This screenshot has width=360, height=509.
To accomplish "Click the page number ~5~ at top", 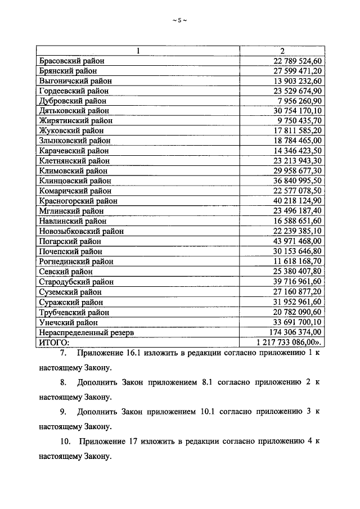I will pos(179,21).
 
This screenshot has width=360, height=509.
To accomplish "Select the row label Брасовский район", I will pos(71,61).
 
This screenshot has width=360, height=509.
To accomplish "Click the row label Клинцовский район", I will pos(75,181).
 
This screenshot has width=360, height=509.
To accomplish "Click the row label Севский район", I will pos(66,272).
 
